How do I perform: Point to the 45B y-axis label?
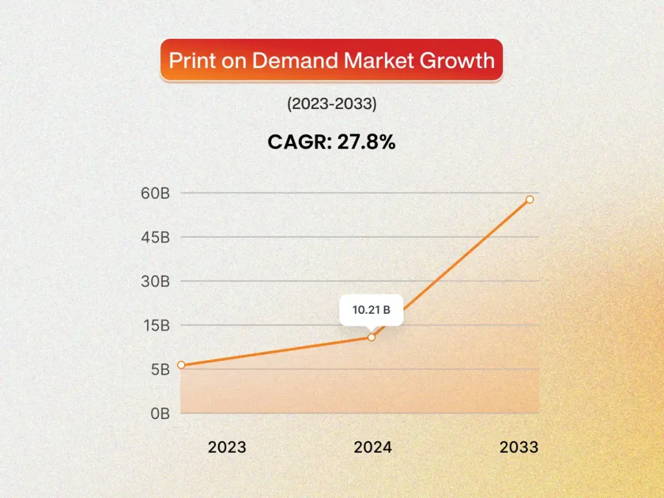coord(156,237)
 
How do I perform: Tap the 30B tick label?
coord(156,281)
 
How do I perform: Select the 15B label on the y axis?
coord(156,326)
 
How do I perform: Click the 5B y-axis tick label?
coord(160,370)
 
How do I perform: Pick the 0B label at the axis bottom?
coord(160,413)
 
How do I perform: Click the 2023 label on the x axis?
coord(227,447)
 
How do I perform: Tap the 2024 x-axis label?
coord(372,447)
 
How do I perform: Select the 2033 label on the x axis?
coord(519,447)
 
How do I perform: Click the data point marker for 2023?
coord(181,365)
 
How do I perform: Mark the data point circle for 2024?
coord(372,337)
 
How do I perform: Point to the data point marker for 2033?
coord(530,200)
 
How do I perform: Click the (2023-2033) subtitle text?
coord(331,104)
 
